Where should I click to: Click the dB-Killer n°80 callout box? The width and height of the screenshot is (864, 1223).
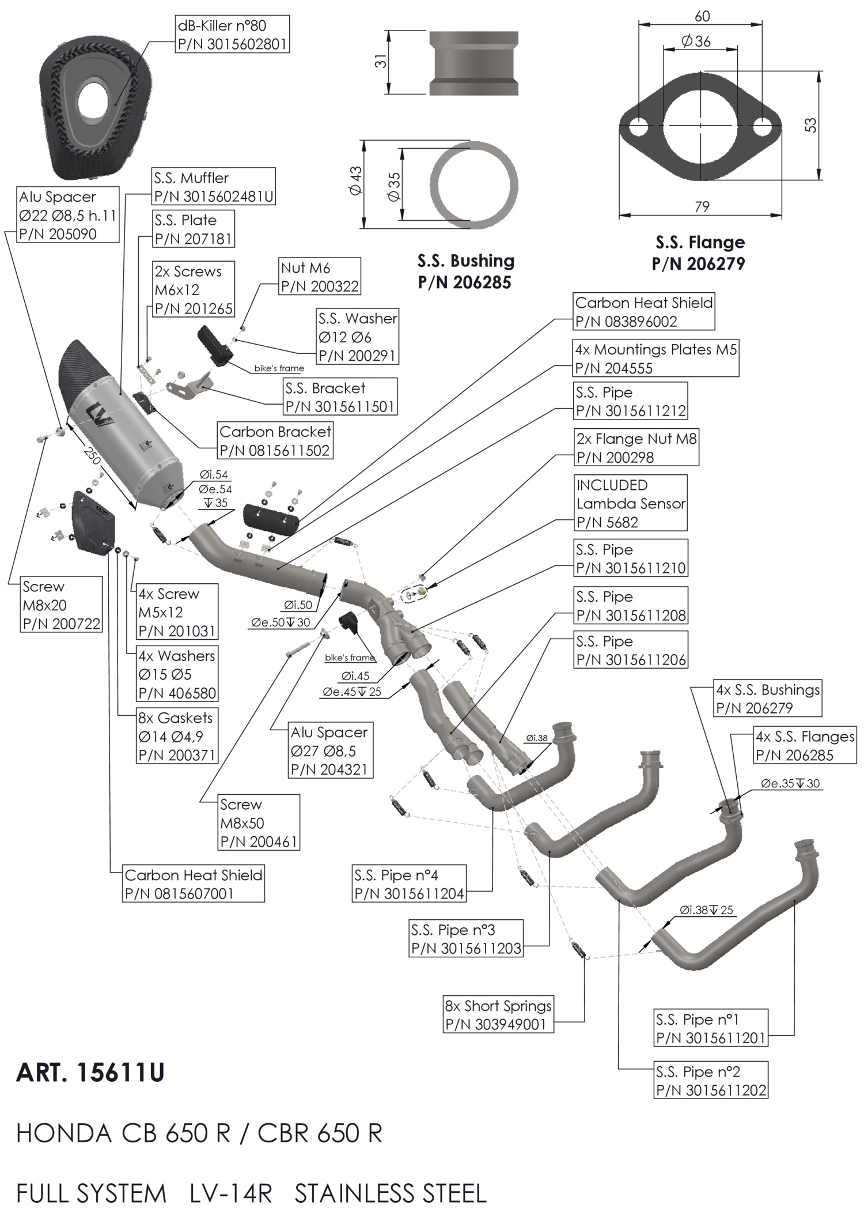232,35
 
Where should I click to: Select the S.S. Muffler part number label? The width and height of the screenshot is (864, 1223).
214,187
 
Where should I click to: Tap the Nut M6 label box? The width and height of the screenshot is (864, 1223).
320,277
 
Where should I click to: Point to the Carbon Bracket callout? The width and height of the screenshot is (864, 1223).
275,441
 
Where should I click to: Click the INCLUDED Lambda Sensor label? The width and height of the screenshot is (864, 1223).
631,503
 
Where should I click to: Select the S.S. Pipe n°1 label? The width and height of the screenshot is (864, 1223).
711,1029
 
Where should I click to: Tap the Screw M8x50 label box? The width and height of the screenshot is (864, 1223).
259,823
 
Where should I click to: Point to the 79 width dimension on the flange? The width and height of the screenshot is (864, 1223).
702,207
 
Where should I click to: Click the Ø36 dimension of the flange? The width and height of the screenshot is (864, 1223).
696,41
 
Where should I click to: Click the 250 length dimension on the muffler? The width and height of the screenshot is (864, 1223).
92,455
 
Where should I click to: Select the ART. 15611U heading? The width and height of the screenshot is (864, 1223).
90,1073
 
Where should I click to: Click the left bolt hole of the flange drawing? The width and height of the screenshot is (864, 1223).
638,127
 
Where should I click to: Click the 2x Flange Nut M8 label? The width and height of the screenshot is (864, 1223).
636,448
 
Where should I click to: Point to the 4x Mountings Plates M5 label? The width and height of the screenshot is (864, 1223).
656,358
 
